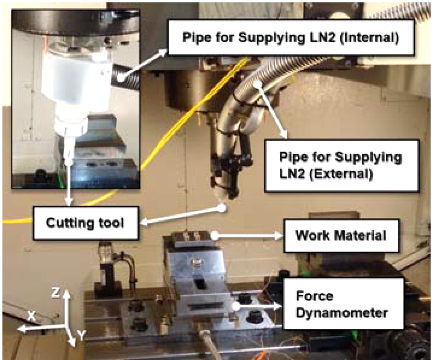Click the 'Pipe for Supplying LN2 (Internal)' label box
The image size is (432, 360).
pos(291,37)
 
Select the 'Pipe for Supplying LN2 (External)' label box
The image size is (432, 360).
pos(341,165)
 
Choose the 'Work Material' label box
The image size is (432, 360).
pos(341,235)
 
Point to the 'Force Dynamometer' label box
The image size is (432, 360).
pos(343,304)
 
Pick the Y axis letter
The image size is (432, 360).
pos(82,335)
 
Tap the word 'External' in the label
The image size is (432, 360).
pos(340,174)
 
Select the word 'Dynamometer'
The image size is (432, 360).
pos(342,312)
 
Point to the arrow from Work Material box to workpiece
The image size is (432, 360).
pos(248,236)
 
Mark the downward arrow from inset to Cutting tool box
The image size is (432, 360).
pos(69,184)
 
